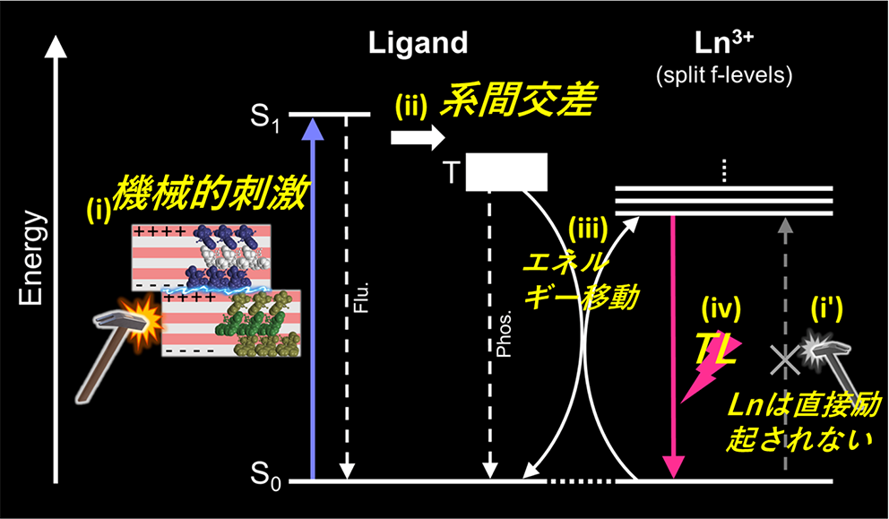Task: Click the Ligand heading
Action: pos(419,43)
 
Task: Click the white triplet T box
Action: pos(505,172)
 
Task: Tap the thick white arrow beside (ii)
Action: pos(418,137)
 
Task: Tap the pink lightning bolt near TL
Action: pos(702,376)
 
